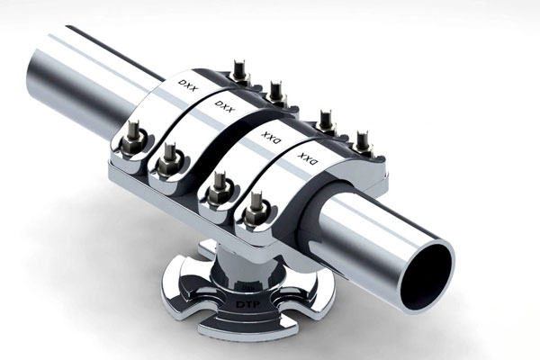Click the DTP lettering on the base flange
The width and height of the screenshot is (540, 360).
(247, 304)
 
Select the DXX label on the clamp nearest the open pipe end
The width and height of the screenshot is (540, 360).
(308, 158)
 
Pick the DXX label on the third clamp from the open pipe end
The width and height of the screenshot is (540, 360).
(224, 106)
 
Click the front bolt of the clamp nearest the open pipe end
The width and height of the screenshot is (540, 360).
(256, 210)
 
